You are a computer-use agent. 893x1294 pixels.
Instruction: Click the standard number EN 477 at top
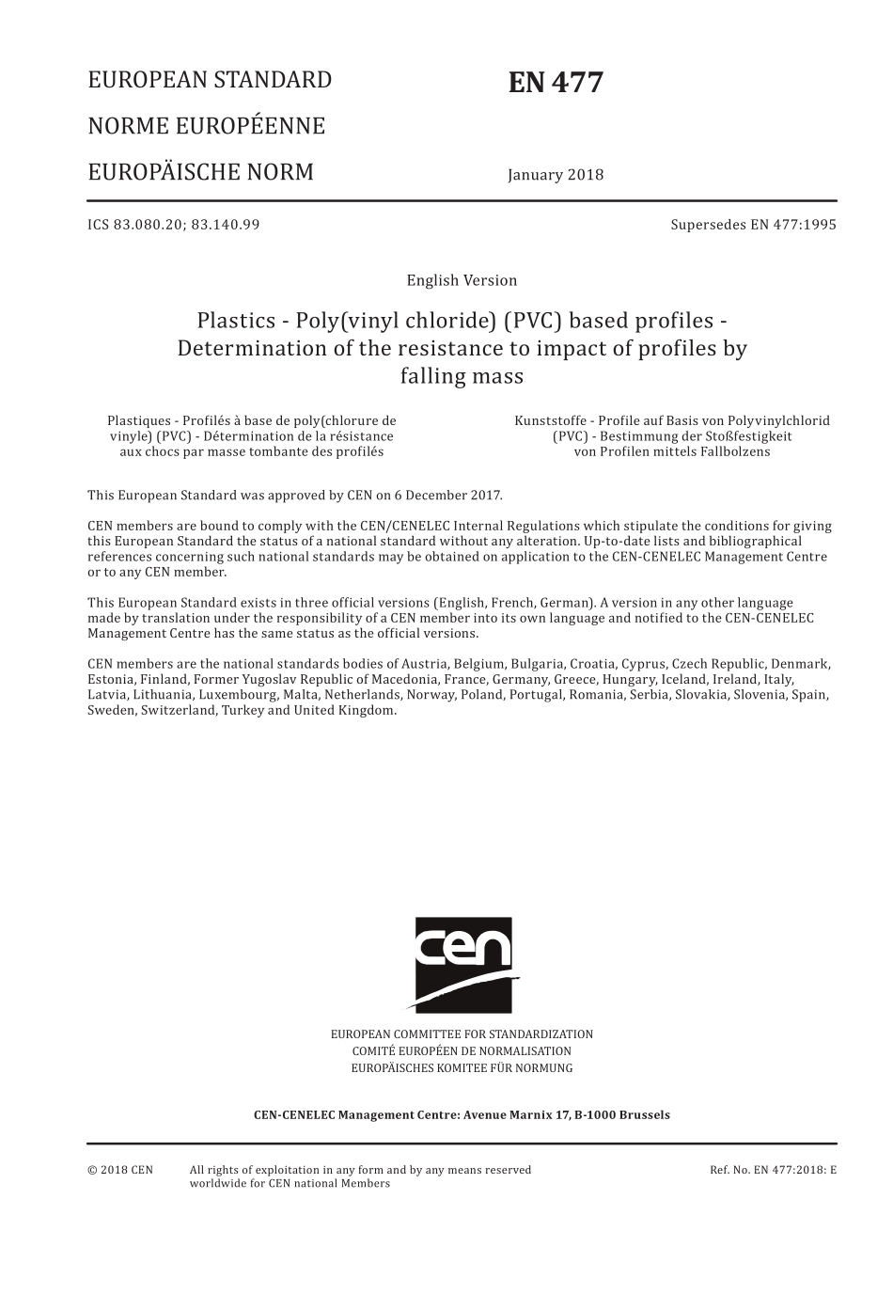click(x=556, y=84)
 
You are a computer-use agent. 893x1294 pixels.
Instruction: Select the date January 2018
click(x=556, y=175)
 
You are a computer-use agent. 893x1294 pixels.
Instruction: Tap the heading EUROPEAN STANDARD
click(x=210, y=80)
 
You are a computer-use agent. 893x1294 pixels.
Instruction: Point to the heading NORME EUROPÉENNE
click(x=206, y=126)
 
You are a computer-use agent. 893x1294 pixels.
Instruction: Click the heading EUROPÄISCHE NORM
click(x=200, y=172)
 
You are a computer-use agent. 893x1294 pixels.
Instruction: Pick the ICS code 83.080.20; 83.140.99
click(x=174, y=224)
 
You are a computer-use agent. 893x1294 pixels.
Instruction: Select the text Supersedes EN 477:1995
click(x=753, y=224)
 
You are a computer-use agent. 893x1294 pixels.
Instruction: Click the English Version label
click(x=462, y=280)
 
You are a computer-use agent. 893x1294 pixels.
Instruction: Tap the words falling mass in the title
click(x=462, y=376)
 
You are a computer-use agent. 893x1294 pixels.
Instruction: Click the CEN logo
click(x=464, y=964)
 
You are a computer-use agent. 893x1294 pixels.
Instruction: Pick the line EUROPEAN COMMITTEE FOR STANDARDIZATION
click(x=462, y=1034)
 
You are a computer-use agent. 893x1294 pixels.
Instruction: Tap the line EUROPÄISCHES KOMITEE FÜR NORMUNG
click(x=462, y=1068)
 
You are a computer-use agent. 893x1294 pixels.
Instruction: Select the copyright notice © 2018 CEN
click(x=120, y=1170)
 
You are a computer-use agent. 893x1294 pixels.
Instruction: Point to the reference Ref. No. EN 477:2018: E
click(x=773, y=1170)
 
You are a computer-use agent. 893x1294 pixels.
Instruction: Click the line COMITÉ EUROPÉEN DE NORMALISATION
click(x=462, y=1051)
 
